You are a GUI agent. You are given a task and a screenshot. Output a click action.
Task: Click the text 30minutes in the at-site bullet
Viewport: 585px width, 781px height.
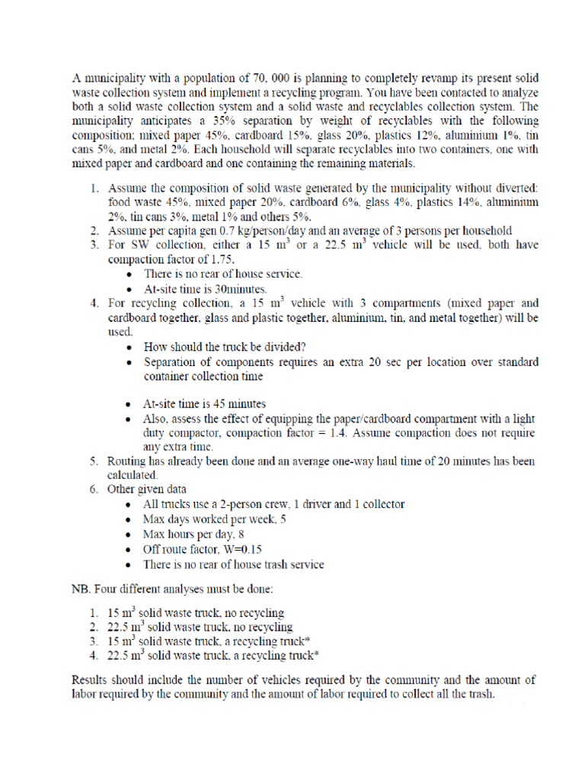pyautogui.click(x=241, y=289)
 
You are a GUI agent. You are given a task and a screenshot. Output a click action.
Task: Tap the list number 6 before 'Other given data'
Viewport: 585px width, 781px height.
pyautogui.click(x=91, y=490)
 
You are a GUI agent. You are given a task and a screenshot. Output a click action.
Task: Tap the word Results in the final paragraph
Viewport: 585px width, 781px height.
pyautogui.click(x=91, y=680)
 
